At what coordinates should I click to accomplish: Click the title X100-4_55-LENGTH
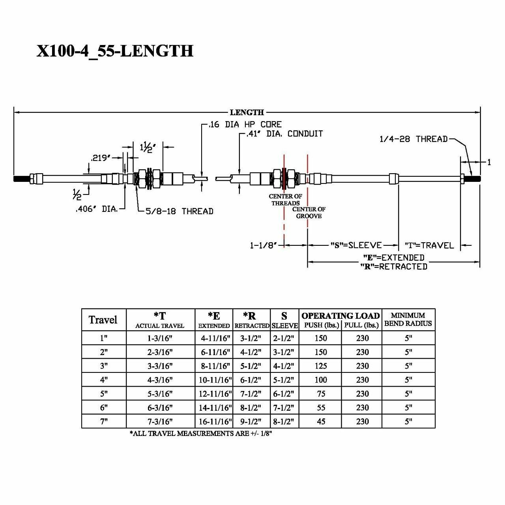[115, 51]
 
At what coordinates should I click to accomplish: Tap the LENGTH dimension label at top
[247, 112]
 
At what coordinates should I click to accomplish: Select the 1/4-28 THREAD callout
[413, 139]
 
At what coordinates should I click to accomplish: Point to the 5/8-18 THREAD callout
[179, 211]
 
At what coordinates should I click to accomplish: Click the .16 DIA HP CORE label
[245, 125]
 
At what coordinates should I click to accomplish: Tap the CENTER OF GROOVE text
[309, 213]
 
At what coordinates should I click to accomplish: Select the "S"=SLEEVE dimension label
[356, 245]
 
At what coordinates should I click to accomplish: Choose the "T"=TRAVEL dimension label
[429, 245]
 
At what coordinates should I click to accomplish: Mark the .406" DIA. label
[97, 209]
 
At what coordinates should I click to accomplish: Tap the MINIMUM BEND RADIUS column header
[408, 319]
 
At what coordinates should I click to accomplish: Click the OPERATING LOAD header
[340, 316]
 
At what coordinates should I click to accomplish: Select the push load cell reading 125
[320, 366]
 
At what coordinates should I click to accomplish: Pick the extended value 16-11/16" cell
[215, 421]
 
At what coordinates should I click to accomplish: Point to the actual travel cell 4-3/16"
[160, 380]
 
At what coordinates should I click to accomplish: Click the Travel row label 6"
[103, 408]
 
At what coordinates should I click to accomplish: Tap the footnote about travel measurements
[201, 433]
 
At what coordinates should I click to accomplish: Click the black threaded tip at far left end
[22, 179]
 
